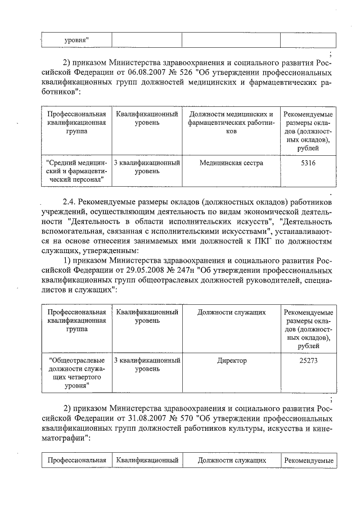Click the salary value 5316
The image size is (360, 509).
[x=308, y=163]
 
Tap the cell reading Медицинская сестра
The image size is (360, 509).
[x=231, y=163]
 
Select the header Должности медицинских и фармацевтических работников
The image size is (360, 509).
[x=231, y=123]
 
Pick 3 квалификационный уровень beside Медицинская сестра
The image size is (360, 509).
[x=147, y=166]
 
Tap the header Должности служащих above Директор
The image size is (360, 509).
[x=231, y=312]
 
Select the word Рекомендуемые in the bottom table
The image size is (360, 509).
[x=308, y=461]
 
